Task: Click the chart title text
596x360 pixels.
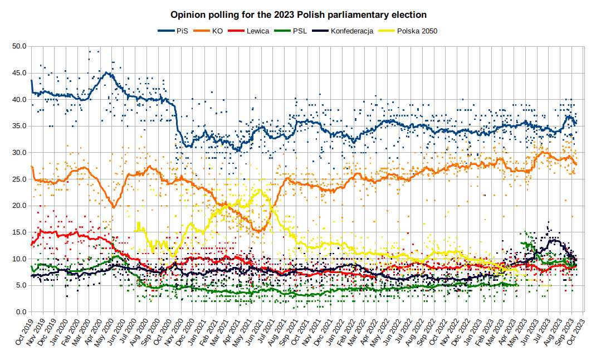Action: (299, 14)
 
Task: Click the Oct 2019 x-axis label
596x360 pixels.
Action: (25, 332)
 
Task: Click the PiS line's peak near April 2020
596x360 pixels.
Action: (106, 72)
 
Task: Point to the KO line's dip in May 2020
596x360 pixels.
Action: (114, 207)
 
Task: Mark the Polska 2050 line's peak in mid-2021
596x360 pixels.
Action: (260, 191)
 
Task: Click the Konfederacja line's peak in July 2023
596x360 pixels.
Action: (553, 240)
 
